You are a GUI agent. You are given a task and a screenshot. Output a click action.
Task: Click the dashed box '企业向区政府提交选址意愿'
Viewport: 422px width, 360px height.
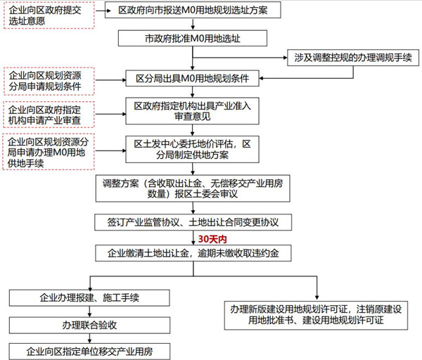click(46, 17)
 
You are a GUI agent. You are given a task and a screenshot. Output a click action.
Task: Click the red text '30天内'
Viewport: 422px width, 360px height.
click(211, 238)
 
